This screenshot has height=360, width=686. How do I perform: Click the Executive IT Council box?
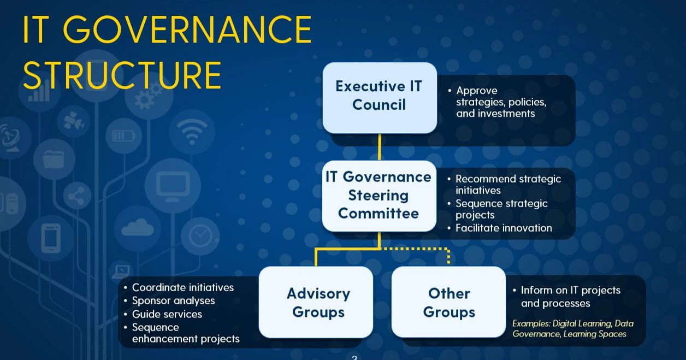coord(380,98)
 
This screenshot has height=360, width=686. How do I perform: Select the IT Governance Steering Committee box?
coord(379,196)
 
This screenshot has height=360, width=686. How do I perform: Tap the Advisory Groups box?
coord(316,302)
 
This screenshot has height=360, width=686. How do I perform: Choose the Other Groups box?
coord(448,302)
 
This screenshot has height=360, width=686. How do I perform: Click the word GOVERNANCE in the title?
coord(187,29)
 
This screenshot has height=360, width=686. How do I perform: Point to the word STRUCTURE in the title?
coord(122,75)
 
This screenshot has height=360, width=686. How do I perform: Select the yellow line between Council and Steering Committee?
coord(380,147)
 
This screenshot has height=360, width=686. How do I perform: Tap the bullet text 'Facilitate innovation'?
coord(504,228)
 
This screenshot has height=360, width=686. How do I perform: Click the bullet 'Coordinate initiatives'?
coord(183,287)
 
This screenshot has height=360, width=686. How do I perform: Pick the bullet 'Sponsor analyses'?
coord(173,301)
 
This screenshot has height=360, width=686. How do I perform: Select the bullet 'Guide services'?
coord(167,314)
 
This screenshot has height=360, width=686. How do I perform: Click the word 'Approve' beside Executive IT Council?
coord(477,91)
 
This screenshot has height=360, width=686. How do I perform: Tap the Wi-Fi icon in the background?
coord(192,132)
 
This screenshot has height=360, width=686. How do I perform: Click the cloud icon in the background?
coord(137,228)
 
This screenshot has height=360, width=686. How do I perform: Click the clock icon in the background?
coord(200,235)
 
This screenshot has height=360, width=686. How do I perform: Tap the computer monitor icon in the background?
coord(173,186)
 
